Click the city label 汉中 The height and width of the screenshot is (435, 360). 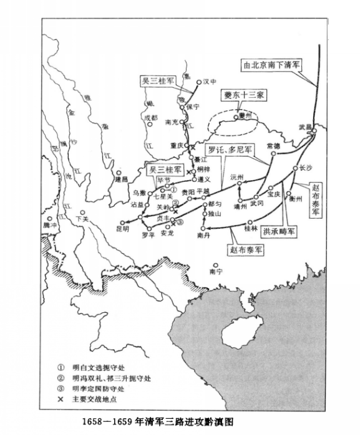(x=208, y=82)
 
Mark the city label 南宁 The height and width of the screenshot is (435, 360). (x=216, y=272)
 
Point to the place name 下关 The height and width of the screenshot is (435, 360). (x=82, y=219)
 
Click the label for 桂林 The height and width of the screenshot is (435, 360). (x=251, y=229)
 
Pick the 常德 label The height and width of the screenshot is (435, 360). (x=273, y=145)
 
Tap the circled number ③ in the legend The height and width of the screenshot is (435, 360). (x=61, y=388)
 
